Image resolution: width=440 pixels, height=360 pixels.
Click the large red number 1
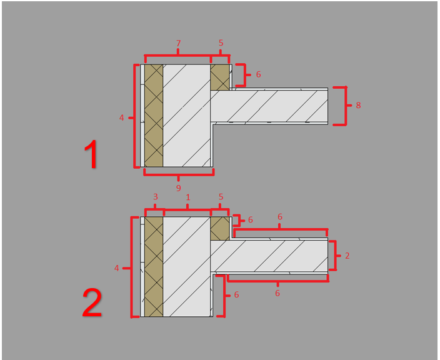click(x=91, y=154)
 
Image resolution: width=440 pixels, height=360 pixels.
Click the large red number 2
click(x=92, y=303)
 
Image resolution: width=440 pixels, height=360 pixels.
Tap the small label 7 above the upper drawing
click(x=179, y=43)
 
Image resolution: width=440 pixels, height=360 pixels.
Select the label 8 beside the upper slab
click(x=358, y=105)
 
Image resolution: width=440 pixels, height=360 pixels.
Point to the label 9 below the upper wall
click(x=179, y=188)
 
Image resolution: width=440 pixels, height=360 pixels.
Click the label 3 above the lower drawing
click(x=156, y=196)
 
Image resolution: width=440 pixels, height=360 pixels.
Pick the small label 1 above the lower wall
click(x=188, y=197)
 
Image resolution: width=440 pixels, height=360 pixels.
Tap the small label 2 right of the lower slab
click(x=347, y=256)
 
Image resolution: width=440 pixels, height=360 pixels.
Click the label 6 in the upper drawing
click(x=259, y=74)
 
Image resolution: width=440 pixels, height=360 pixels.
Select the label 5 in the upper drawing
click(x=221, y=43)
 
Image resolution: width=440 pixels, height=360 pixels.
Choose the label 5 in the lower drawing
click(x=221, y=197)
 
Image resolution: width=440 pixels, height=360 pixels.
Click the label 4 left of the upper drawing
click(x=121, y=117)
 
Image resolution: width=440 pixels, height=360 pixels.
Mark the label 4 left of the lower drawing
click(x=117, y=268)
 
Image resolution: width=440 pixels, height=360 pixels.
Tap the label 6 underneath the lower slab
click(x=277, y=293)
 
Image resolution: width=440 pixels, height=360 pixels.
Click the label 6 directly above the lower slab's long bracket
click(x=280, y=217)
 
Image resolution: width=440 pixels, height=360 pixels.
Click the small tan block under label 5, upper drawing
click(x=220, y=77)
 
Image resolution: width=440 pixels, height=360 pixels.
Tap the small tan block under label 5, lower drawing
click(x=220, y=228)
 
